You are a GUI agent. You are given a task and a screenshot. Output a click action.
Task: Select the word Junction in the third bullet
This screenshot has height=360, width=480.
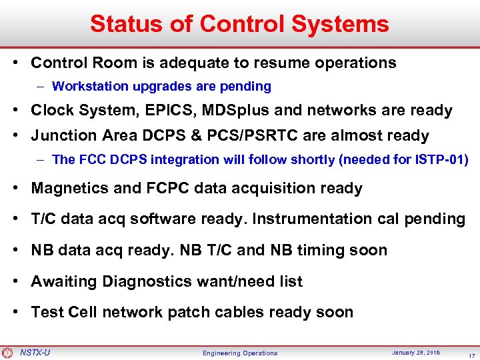pos(59,135)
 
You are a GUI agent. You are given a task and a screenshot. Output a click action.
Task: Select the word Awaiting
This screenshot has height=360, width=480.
pos(64,281)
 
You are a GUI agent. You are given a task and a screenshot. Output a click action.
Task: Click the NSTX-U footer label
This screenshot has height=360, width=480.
pos(35,352)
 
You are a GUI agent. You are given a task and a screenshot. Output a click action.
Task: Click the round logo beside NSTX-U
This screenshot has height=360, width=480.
pos(7,352)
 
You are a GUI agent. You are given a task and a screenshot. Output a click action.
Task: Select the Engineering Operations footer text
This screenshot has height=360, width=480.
pos(240,353)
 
